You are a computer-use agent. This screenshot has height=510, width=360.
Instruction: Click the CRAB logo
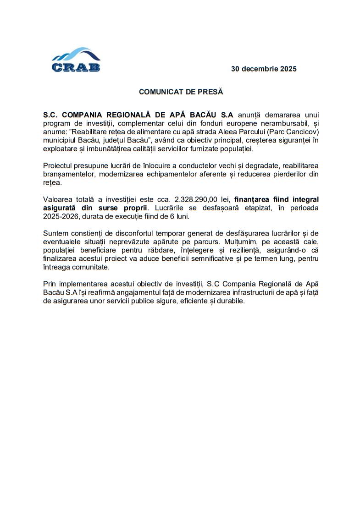[x=76, y=60]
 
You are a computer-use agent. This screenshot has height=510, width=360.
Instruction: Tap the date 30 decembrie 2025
[x=264, y=69]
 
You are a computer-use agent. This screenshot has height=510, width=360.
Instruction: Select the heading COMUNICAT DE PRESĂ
[x=181, y=92]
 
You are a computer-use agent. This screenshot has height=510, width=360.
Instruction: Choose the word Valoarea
[x=59, y=199]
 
